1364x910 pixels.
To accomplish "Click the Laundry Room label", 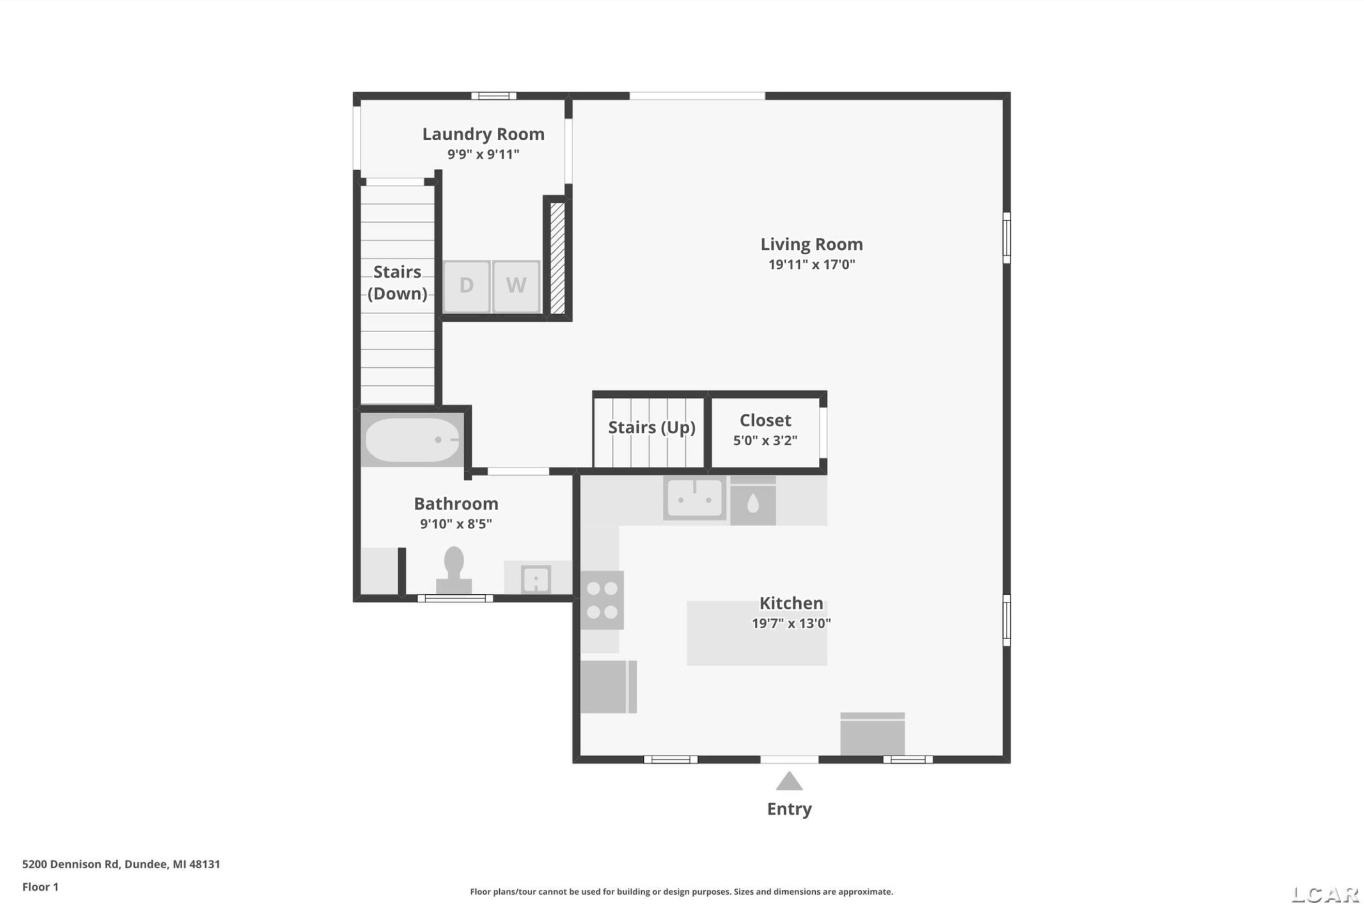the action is [x=483, y=134].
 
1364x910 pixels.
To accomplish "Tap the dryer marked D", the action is [x=466, y=286].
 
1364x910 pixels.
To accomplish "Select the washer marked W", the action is [x=516, y=286].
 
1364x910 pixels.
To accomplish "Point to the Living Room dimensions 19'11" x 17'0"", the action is [x=811, y=265].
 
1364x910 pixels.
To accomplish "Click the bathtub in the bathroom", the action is [x=413, y=440].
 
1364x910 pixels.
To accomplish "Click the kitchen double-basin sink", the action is [x=694, y=498].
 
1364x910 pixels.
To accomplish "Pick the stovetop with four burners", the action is [x=602, y=600].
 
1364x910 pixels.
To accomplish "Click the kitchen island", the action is [x=757, y=633].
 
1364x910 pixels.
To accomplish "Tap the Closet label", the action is [x=765, y=420].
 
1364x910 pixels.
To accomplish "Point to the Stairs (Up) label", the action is [x=652, y=428].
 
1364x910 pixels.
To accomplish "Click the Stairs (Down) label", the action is [x=397, y=283].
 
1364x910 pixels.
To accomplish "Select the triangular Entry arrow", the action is [x=789, y=782].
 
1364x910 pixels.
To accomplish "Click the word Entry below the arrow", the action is [x=789, y=809].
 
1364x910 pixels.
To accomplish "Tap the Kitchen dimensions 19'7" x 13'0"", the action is [x=791, y=623].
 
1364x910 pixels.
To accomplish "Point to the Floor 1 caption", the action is [x=40, y=887].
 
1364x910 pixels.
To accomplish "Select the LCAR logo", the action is [x=1325, y=895].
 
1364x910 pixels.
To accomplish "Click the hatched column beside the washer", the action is [x=558, y=258].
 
